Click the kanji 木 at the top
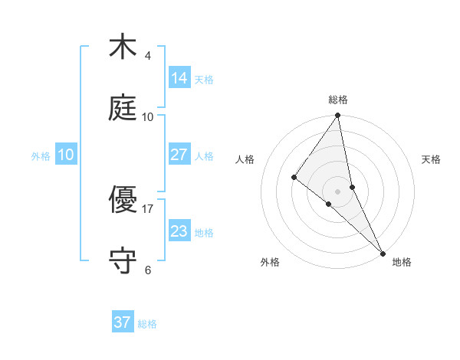(x=123, y=47)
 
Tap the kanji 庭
(x=123, y=110)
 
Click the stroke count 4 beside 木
(x=148, y=56)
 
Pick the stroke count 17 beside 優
(x=148, y=208)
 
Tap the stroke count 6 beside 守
(x=148, y=270)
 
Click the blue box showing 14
(x=179, y=77)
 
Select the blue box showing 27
(x=179, y=155)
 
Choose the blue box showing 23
(x=179, y=231)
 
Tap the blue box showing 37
(x=123, y=322)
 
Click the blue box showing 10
(x=66, y=155)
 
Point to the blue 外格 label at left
(x=41, y=156)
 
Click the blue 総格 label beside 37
(x=147, y=324)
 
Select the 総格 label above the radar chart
(x=338, y=100)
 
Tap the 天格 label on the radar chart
(x=431, y=159)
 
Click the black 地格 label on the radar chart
(x=402, y=263)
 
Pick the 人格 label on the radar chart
(x=245, y=159)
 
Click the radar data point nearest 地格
(x=382, y=252)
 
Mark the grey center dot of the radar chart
(x=338, y=191)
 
